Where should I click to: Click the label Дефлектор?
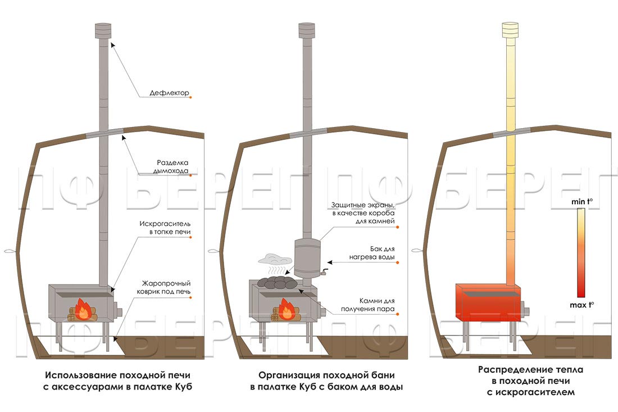click(169, 93)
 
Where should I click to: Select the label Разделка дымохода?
click(171, 167)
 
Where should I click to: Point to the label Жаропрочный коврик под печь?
click(163, 287)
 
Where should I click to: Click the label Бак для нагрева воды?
click(372, 253)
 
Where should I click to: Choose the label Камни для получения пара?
click(368, 305)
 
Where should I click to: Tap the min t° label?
click(581, 201)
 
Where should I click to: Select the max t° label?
click(581, 305)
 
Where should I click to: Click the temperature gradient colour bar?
click(581, 253)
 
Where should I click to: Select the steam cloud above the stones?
click(275, 259)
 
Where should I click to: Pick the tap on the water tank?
click(325, 271)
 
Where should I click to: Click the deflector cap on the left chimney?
click(103, 30)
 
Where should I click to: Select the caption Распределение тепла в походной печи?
click(530, 375)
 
